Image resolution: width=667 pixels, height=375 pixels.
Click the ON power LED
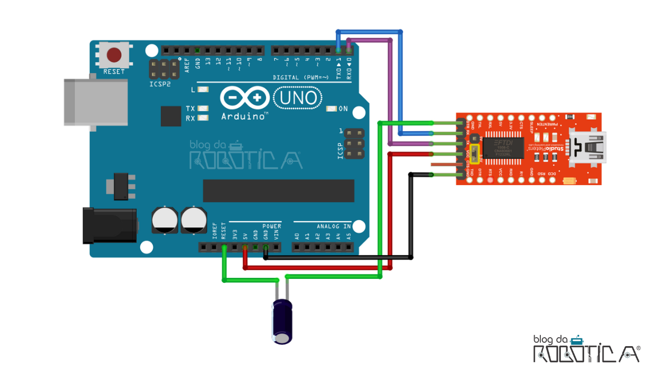332,109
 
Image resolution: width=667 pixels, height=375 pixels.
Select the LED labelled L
203,89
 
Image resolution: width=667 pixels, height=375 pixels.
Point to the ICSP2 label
160,84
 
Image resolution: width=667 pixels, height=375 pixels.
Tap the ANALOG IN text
333,226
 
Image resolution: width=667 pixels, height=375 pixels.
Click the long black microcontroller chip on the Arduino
278,191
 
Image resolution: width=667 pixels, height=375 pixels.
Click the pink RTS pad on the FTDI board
490,179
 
